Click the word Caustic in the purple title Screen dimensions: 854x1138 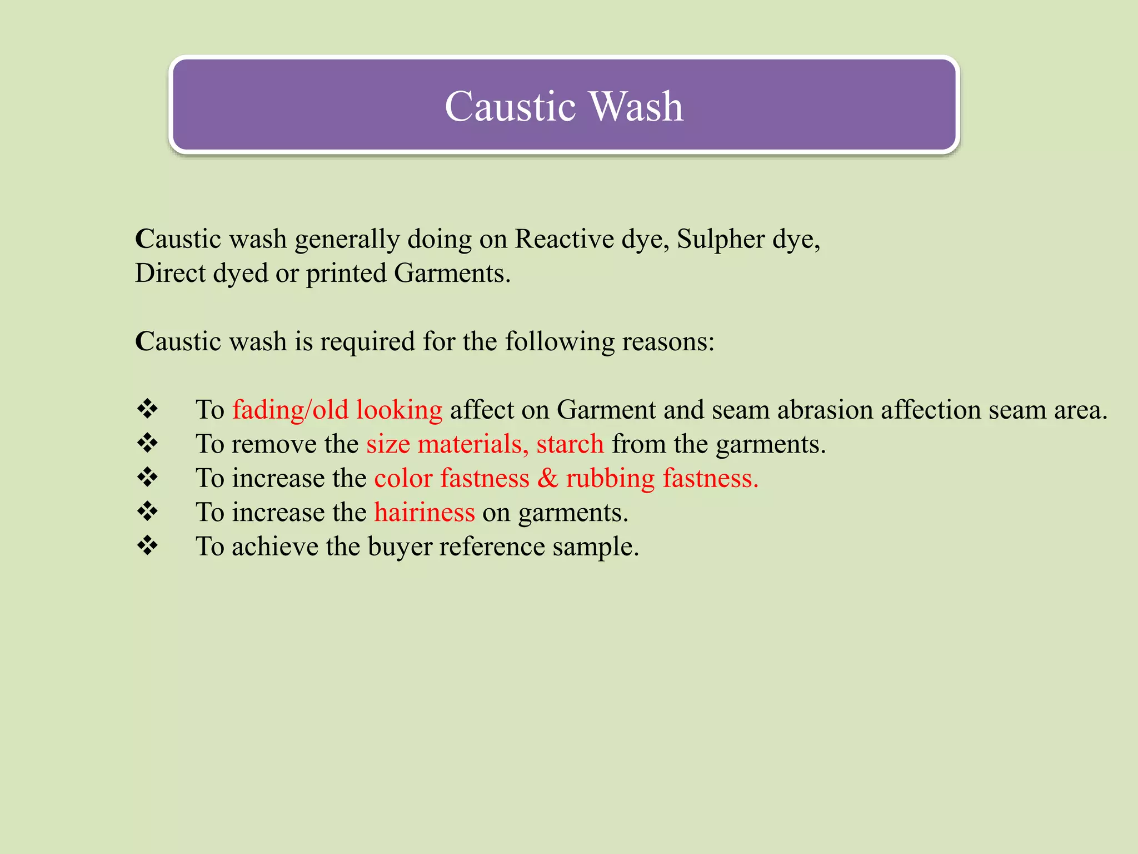tap(510, 106)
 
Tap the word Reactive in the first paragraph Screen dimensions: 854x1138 tap(564, 240)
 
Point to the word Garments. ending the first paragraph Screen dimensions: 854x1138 tap(452, 274)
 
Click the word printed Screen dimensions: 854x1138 tap(346, 274)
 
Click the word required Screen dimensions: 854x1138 tap(367, 342)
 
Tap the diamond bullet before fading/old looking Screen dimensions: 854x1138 tap(148, 409)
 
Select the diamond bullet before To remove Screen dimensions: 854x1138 tap(148, 443)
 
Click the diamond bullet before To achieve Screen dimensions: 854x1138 tap(148, 545)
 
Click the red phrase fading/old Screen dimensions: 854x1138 tap(290, 410)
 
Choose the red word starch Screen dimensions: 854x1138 tap(570, 444)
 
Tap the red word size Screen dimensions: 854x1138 tap(388, 444)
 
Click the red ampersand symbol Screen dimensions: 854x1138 tap(547, 478)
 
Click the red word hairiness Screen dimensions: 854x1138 tap(425, 513)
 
